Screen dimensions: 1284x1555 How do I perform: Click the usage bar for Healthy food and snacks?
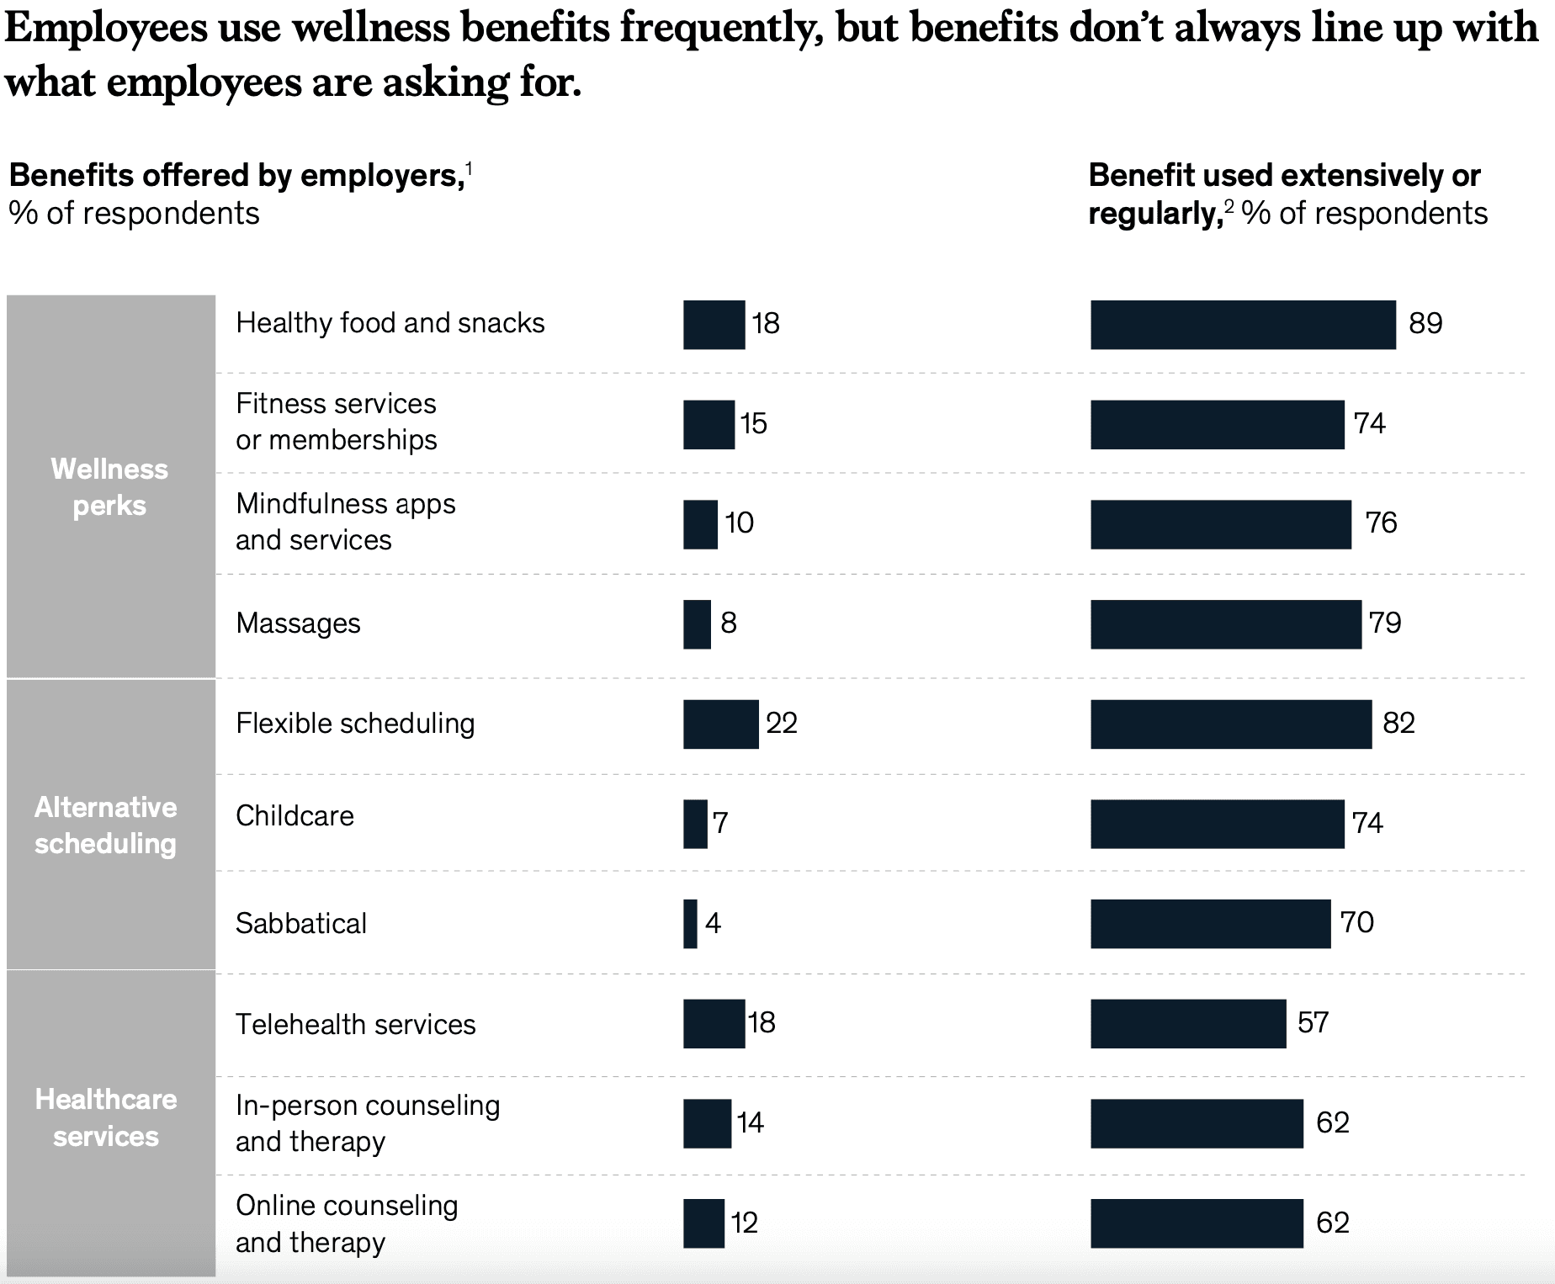click(x=1243, y=325)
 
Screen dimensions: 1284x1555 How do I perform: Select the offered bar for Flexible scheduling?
click(x=720, y=724)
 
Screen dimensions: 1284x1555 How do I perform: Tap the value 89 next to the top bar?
click(x=1425, y=324)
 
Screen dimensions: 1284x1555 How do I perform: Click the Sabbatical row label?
click(x=301, y=924)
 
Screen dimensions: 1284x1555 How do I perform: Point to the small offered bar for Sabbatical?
click(x=690, y=924)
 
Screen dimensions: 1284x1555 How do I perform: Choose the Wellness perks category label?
click(x=109, y=487)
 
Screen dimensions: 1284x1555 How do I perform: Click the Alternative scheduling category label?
click(x=106, y=825)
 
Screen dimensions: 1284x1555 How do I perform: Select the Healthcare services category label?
click(x=106, y=1117)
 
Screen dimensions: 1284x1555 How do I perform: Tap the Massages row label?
click(x=298, y=623)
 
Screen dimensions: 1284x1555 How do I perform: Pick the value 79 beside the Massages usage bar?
click(x=1385, y=623)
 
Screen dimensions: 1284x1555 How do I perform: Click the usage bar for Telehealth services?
click(x=1188, y=1024)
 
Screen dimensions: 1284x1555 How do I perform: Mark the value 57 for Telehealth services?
click(x=1313, y=1023)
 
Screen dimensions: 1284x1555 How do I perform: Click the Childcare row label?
click(x=295, y=816)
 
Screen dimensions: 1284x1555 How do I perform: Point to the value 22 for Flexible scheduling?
click(x=782, y=724)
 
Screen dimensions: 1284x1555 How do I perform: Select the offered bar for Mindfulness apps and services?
click(x=700, y=525)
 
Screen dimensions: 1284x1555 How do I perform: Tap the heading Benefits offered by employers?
click(x=236, y=176)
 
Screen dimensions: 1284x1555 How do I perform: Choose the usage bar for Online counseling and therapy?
click(x=1197, y=1223)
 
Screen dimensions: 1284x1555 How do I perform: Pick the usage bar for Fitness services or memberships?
click(x=1217, y=425)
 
